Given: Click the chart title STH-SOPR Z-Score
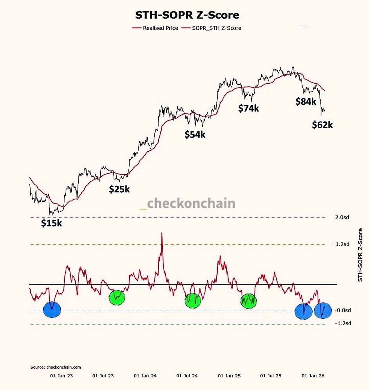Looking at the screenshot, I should point(187,15).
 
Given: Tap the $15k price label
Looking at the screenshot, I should point(52,223).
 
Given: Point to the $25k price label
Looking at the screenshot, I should point(119,189).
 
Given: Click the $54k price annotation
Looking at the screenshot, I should point(195,135).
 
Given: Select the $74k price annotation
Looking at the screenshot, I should point(248,108).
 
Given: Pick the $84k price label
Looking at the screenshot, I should point(305,102).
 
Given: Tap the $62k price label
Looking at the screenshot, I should point(322,125).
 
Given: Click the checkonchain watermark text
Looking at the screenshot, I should point(191,203).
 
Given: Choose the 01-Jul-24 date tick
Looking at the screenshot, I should point(187,376).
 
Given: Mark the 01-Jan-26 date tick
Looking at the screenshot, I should point(313,376).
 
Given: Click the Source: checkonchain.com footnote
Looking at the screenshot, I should point(56,367).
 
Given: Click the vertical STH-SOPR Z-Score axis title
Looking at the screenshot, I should point(360,256).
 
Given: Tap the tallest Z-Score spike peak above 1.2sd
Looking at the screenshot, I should point(162,233).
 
